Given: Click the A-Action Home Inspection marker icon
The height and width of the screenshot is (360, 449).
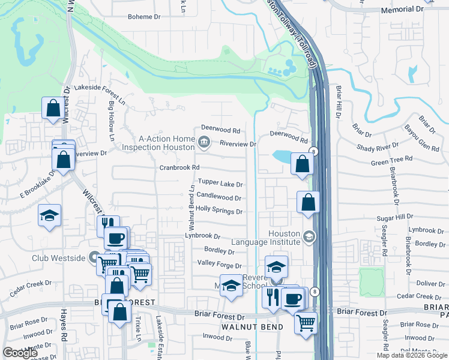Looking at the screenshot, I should pos(203,142).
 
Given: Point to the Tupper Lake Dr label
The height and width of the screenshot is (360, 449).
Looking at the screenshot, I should pos(220,184).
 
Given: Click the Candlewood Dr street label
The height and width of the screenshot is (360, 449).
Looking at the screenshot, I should pos(219,197).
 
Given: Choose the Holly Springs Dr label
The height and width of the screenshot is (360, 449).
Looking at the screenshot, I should pos(219,211).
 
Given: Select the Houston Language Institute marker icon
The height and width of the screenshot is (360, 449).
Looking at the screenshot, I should pos(309,236).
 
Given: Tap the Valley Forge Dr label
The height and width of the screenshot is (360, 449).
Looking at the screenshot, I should pos(219,265).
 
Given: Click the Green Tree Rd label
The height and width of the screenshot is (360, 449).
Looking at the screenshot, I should pos(392,160).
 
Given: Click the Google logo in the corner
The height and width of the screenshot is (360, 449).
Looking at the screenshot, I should pos(20,353).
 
